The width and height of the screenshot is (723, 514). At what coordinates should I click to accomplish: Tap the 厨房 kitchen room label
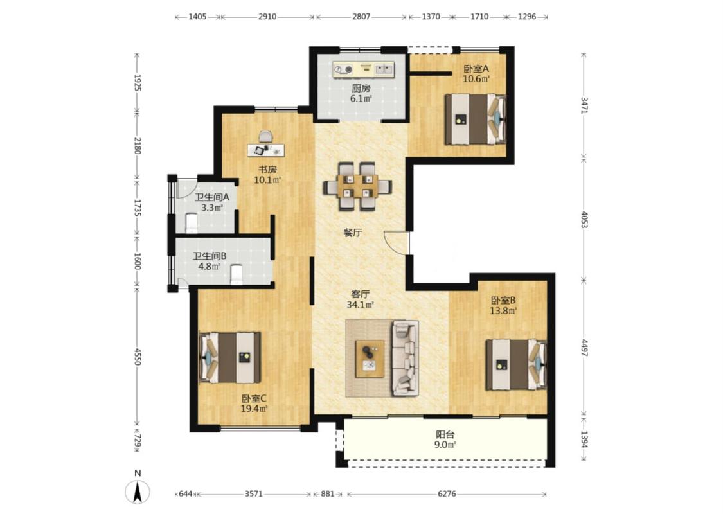(x=361, y=88)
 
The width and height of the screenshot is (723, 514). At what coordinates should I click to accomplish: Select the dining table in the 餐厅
(x=357, y=186)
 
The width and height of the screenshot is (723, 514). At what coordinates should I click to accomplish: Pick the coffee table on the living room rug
(x=370, y=359)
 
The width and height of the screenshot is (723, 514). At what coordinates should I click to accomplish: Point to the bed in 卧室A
(x=475, y=119)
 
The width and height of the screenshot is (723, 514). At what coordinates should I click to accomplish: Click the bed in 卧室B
(x=515, y=365)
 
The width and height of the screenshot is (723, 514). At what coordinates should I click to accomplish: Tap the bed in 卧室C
(x=229, y=357)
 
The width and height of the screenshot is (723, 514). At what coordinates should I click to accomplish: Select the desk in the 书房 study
(x=266, y=150)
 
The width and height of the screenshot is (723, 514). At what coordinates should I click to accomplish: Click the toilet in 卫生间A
(x=192, y=223)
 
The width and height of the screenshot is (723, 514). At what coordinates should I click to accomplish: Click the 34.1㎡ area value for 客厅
(x=360, y=305)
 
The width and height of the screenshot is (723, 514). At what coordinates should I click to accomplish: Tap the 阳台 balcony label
(x=445, y=434)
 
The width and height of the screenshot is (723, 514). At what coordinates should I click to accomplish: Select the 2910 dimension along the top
(x=267, y=17)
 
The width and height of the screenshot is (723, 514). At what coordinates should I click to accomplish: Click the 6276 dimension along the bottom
(x=447, y=493)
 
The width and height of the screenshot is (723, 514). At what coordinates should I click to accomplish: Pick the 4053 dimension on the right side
(x=584, y=220)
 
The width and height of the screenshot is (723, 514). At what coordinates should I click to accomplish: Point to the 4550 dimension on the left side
(x=137, y=357)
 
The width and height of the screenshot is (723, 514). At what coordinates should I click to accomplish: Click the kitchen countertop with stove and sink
(x=364, y=69)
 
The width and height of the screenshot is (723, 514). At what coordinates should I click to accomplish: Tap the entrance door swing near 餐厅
(x=396, y=242)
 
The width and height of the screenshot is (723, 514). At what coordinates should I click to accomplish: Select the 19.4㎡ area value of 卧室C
(x=254, y=409)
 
